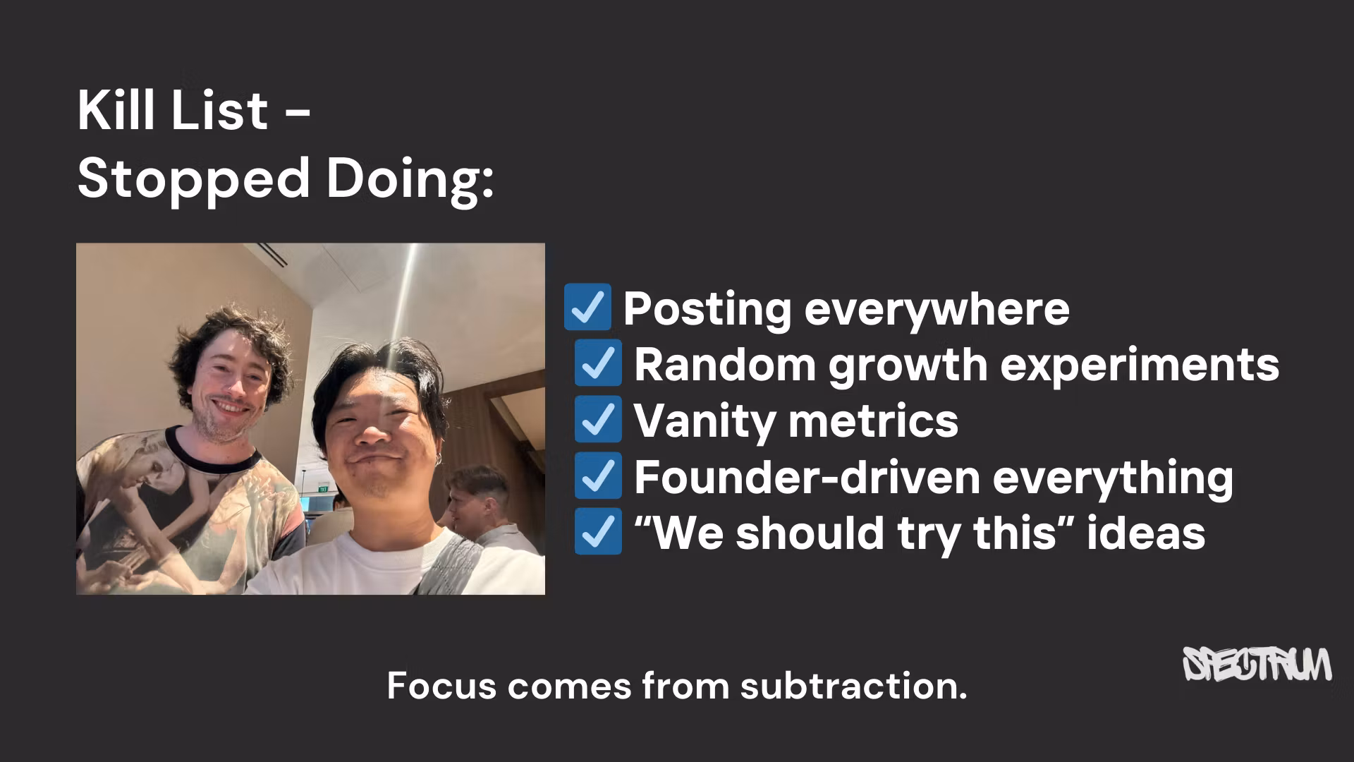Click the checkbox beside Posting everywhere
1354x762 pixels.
pos(587,307)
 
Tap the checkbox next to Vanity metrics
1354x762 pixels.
pos(598,419)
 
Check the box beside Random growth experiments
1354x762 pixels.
pos(598,363)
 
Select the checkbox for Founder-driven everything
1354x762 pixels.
pos(598,476)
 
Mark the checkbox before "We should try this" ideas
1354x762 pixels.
pos(598,531)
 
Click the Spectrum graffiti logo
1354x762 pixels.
pos(1257,664)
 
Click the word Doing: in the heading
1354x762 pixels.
pos(410,179)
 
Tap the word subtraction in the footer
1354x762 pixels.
pos(853,686)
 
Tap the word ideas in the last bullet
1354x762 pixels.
pos(1145,533)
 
